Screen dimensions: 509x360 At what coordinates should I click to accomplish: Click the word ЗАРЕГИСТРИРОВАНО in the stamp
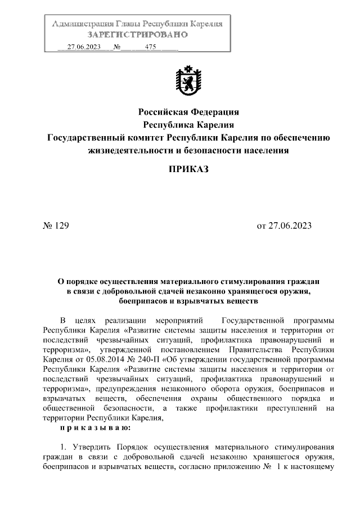coord(138,35)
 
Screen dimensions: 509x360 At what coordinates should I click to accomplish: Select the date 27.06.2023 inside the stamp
coord(84,47)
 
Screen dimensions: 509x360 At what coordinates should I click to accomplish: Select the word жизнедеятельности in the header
coord(134,150)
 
